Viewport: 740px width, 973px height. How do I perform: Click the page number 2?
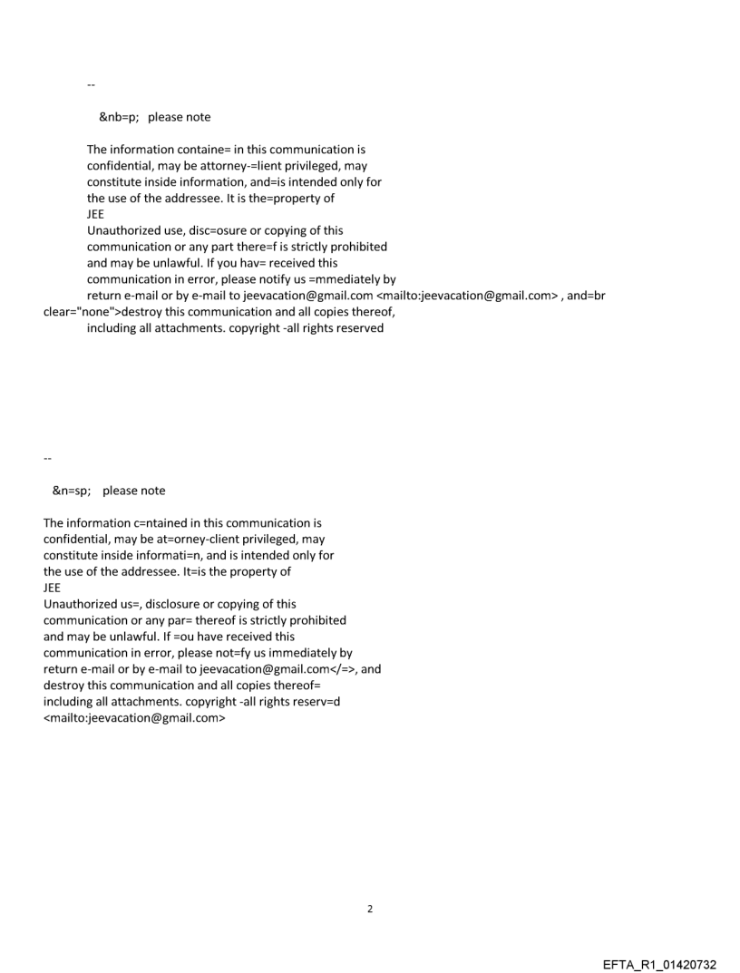tap(369, 909)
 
